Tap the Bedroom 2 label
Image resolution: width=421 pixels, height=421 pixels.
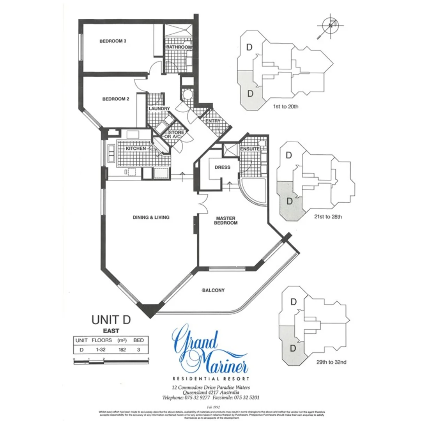point(115,99)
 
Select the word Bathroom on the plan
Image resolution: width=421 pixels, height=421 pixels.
point(179,47)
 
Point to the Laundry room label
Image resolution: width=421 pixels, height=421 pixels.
point(159,108)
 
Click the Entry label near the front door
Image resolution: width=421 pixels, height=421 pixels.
point(212,121)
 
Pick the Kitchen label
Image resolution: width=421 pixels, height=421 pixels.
point(136,149)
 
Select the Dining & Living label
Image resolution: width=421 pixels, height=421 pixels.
point(151,218)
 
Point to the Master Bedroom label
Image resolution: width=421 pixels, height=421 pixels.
point(226,221)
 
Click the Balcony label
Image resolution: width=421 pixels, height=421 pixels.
point(213,290)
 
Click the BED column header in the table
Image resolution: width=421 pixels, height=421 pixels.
point(138,340)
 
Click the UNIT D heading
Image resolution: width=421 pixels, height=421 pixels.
point(111,320)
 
